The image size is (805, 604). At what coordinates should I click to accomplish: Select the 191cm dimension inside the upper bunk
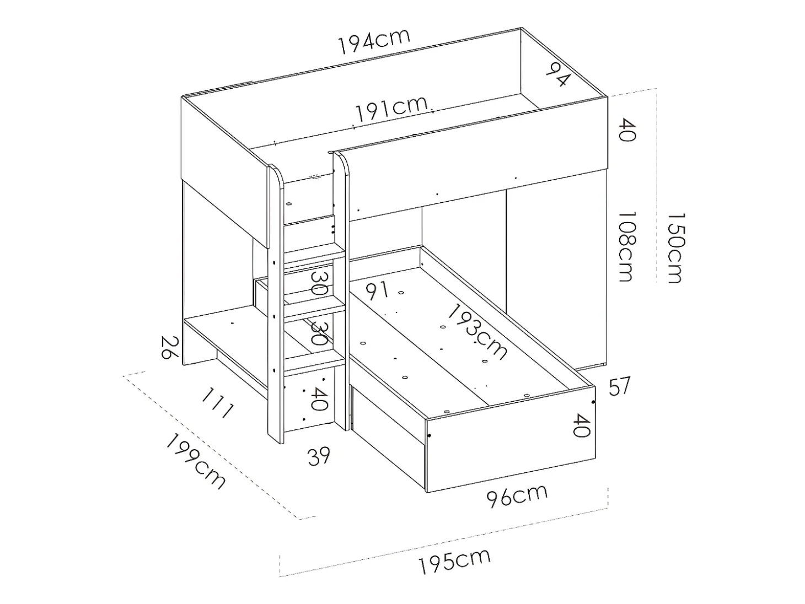pos(391,109)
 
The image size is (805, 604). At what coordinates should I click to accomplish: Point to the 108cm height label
pos(627,247)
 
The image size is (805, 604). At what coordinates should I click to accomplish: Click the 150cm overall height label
pos(674,249)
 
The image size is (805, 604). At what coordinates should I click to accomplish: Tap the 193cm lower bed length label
pos(477,332)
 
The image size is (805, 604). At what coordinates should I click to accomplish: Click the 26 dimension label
pos(170,348)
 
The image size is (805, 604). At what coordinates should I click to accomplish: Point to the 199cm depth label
pos(196,462)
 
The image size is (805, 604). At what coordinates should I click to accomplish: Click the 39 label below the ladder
pos(319,457)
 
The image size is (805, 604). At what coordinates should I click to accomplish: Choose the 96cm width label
pos(517,495)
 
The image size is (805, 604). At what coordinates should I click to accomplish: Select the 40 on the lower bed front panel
pos(582,425)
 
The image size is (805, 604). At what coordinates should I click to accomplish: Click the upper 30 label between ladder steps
pos(318,284)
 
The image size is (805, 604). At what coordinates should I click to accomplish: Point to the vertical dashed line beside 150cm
pos(657,186)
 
